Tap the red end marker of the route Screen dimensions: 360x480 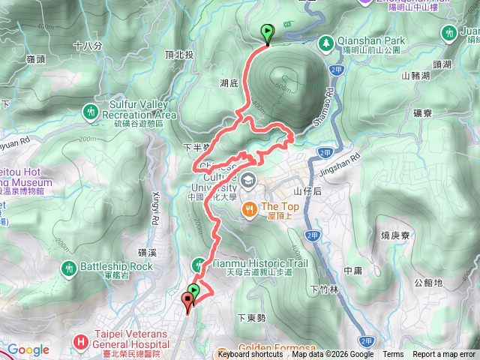coord(187,301)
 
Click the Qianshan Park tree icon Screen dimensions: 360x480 coord(326,42)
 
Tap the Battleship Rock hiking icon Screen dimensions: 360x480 coord(69,267)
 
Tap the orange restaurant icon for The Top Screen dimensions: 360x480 coord(250,208)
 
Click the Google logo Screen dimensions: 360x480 coord(28,350)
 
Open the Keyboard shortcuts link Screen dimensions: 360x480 coord(250,355)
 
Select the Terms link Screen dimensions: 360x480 coord(393,355)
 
